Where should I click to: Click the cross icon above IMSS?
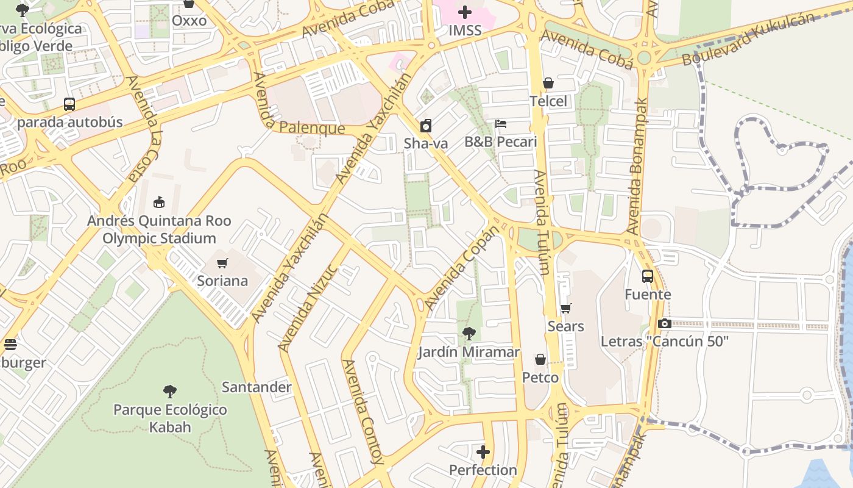coord(465,12)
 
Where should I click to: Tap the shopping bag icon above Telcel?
coord(548,83)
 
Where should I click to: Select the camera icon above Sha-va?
coord(426,126)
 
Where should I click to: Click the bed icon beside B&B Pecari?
coord(501,124)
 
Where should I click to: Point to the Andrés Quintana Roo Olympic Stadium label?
coord(159,229)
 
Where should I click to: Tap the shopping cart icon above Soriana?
coord(222,264)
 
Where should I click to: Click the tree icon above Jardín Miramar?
coord(469,334)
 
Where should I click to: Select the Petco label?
coord(540,378)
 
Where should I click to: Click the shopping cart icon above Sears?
coord(566,309)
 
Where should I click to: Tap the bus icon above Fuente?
coord(648,276)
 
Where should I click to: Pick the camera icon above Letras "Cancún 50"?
coord(664,324)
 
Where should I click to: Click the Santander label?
coord(257,387)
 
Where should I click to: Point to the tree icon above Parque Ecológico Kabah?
coord(170,392)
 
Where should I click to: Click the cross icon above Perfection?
coord(483,452)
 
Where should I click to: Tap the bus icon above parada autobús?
coord(69,104)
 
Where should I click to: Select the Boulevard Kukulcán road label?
coord(748,39)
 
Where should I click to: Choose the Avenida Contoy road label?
coord(363,412)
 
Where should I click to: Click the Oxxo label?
coord(189,21)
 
